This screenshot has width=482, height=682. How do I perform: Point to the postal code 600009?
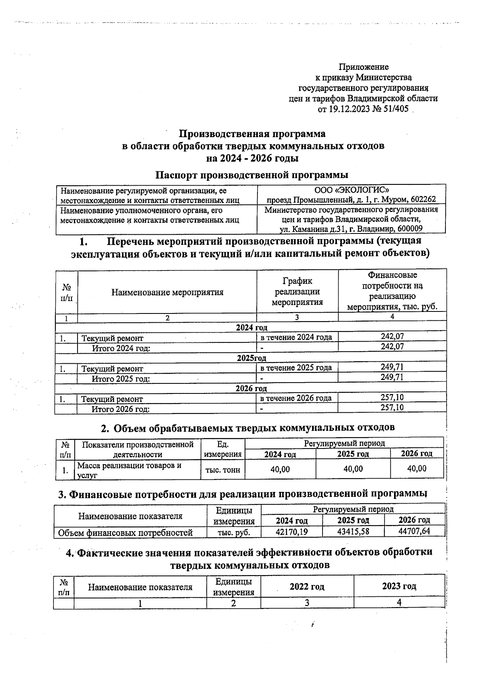click(410, 229)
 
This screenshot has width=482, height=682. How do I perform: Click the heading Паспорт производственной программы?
click(252, 175)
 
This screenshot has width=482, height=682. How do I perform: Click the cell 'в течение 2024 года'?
click(296, 337)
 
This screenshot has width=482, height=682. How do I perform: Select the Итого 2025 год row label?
click(121, 379)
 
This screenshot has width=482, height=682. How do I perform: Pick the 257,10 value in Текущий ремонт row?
click(392, 397)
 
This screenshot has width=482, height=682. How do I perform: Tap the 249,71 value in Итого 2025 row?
click(392, 377)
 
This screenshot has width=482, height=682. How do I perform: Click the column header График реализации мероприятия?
click(297, 291)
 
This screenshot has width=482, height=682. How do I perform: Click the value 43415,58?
click(353, 531)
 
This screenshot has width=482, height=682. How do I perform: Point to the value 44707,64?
click(414, 531)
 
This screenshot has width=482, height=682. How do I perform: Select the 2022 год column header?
click(307, 586)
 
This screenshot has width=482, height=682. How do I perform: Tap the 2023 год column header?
click(399, 586)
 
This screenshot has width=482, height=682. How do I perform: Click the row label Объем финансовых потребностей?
click(125, 533)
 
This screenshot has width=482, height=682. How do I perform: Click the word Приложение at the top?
click(364, 67)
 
